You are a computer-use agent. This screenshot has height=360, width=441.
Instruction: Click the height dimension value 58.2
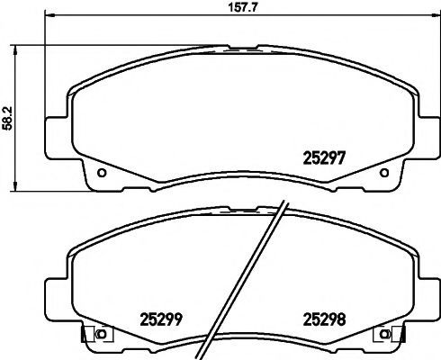point(7,119)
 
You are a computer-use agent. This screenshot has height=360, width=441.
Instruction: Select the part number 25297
point(325,157)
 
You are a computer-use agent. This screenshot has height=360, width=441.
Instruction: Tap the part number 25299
point(161,319)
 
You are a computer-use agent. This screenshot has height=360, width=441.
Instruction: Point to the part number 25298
point(325,319)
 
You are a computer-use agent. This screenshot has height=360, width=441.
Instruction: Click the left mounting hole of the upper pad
point(102,173)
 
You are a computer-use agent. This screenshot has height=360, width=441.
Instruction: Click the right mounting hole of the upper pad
point(384,173)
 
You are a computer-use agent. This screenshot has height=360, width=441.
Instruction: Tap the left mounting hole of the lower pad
point(102,334)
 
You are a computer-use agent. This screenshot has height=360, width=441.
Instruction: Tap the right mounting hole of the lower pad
point(384,334)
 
